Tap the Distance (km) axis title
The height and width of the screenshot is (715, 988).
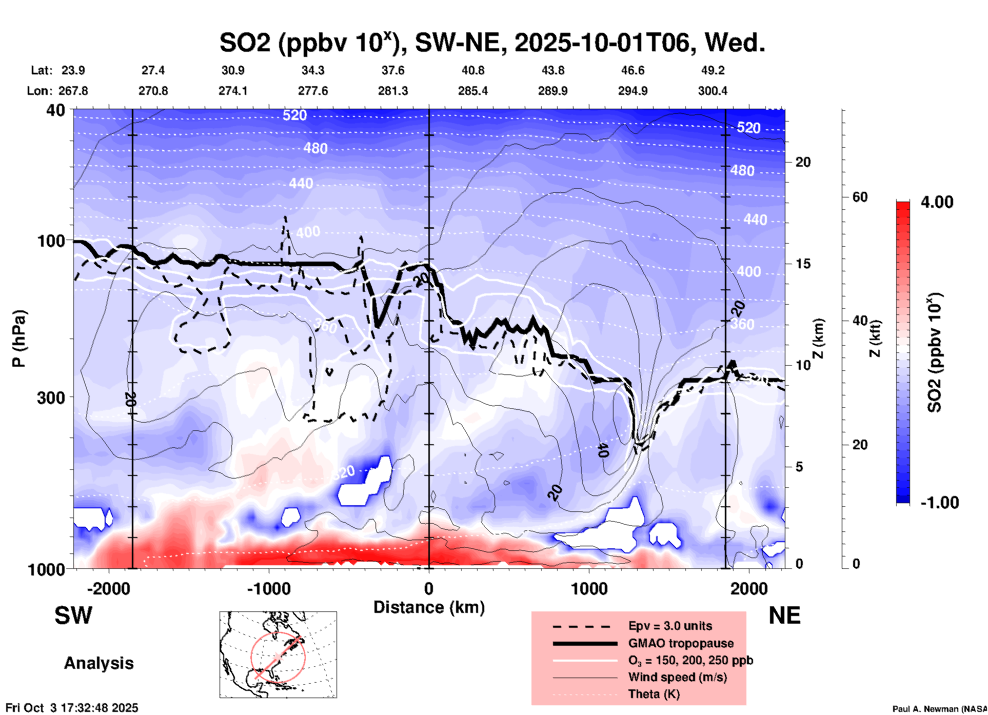429,607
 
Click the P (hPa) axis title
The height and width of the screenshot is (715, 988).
19,339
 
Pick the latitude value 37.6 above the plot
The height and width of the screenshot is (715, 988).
393,70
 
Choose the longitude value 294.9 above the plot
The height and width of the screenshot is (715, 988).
633,91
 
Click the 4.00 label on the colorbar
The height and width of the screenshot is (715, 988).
937,202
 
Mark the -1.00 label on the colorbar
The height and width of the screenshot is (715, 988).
939,502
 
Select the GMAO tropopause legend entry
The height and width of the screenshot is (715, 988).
681,643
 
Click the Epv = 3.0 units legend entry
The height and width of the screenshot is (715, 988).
670,626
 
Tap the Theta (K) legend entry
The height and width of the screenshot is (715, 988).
654,694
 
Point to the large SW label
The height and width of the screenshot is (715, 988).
73,615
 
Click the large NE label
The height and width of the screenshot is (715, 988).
784,615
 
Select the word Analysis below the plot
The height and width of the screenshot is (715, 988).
98,663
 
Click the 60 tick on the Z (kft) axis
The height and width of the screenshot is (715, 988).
860,197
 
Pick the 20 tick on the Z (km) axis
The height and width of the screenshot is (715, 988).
803,162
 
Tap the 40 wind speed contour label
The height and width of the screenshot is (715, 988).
603,450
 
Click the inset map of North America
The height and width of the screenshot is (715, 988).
278,654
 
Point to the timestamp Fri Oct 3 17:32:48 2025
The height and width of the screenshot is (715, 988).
72,708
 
